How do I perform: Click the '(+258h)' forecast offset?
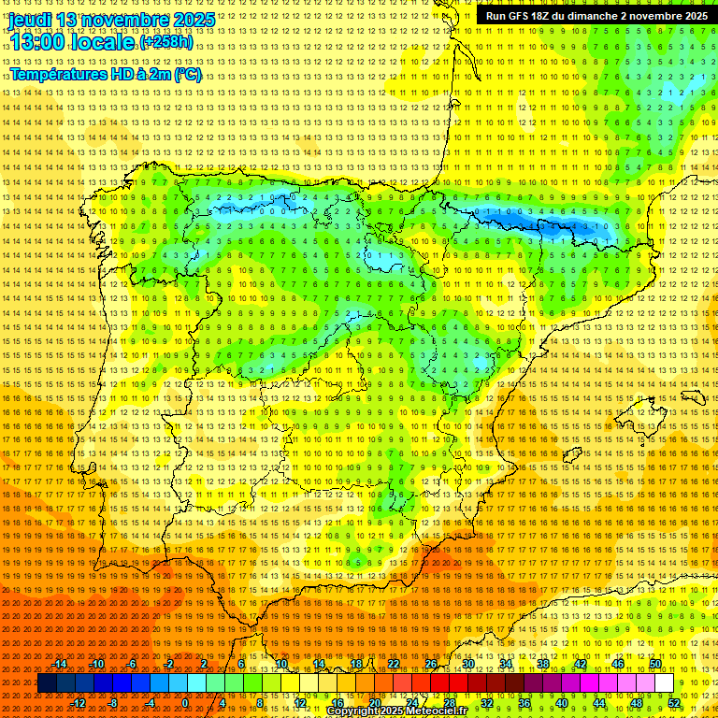pyautogui.click(x=166, y=42)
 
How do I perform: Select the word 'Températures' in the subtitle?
pyautogui.click(x=57, y=75)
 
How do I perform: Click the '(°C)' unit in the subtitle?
pyautogui.click(x=187, y=75)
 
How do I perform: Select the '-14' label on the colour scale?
pyautogui.click(x=60, y=664)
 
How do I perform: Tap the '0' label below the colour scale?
pyautogui.click(x=185, y=703)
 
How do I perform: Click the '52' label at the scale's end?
pyautogui.click(x=674, y=703)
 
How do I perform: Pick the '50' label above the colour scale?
pyautogui.click(x=655, y=664)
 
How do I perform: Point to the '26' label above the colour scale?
pyautogui.click(x=431, y=664)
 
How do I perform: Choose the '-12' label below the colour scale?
pyautogui.click(x=79, y=703)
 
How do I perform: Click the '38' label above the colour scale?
pyautogui.click(x=543, y=664)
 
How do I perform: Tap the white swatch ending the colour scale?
pyautogui.click(x=665, y=683)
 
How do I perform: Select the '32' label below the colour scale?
pyautogui.click(x=487, y=703)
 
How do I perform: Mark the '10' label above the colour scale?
pyautogui.click(x=280, y=664)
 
